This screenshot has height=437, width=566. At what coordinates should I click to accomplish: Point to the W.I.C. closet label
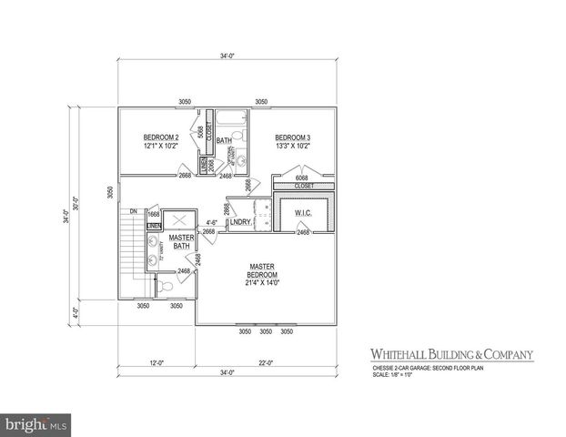click(x=303, y=214)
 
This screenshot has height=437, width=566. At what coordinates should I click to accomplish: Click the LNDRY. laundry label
click(x=240, y=222)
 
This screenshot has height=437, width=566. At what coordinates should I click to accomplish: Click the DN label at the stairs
click(x=133, y=211)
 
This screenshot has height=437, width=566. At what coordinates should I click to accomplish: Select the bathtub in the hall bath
click(x=232, y=118)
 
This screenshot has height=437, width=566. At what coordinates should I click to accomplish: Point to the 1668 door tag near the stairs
click(x=154, y=214)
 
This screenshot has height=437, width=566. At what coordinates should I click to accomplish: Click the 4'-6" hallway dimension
click(x=211, y=222)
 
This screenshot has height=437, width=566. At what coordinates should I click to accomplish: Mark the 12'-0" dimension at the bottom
click(x=157, y=364)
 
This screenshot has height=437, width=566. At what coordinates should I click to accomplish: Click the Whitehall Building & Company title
click(x=450, y=354)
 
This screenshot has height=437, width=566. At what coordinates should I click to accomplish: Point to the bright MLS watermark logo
click(x=36, y=423)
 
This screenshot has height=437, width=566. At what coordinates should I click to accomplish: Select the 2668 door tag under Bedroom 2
click(x=185, y=175)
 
